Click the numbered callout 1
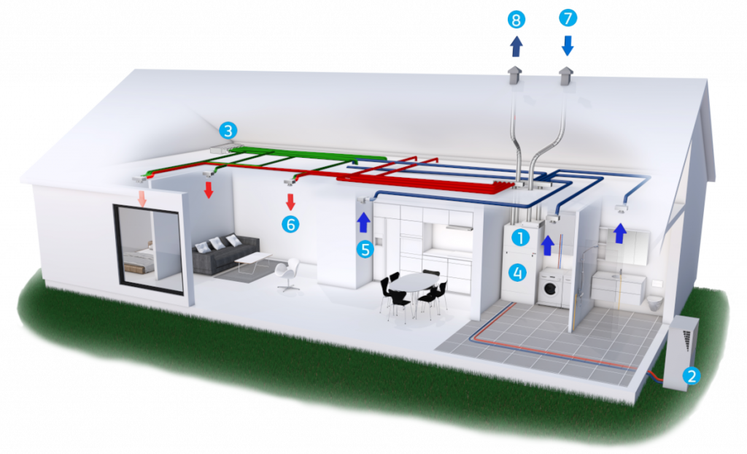[519, 236]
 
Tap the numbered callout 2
[691, 376]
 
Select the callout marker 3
[229, 131]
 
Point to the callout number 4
[518, 273]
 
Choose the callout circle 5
[365, 249]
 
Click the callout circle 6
[291, 224]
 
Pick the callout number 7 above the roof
[568, 18]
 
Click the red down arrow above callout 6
[290, 201]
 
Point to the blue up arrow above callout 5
[364, 221]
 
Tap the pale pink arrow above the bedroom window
[142, 197]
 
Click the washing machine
[552, 289]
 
